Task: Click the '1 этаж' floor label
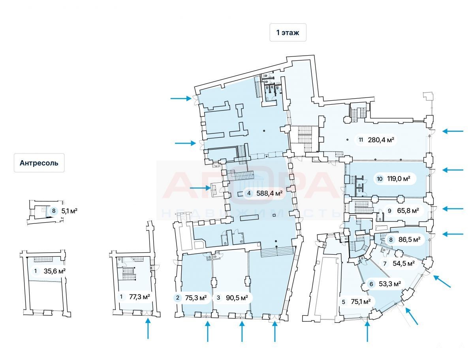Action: tap(288, 33)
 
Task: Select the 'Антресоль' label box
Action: tap(39, 163)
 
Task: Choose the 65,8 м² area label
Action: tap(408, 211)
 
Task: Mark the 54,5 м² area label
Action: tap(403, 263)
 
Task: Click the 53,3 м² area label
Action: tap(389, 283)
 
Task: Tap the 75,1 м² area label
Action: tap(361, 302)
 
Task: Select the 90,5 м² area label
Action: tap(236, 298)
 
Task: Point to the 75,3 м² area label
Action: tap(196, 298)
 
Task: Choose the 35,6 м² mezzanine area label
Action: tap(55, 271)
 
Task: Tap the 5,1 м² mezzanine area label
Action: tap(69, 211)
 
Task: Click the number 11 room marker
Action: tap(361, 139)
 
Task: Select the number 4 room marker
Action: tap(249, 193)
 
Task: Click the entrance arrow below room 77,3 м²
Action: tap(148, 329)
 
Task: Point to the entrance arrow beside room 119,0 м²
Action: tap(453, 170)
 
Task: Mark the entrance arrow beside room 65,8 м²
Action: tap(453, 209)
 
